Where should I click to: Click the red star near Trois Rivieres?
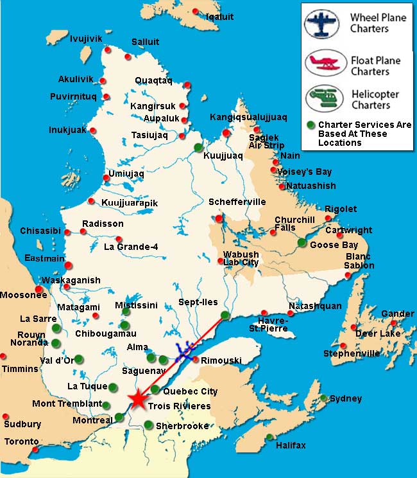click(137, 400)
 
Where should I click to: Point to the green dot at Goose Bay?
click(302, 242)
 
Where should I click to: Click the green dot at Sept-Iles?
click(225, 315)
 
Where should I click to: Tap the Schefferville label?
click(237, 202)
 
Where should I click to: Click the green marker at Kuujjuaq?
click(198, 146)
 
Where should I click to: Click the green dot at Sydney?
click(325, 398)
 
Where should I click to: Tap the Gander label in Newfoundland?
click(397, 314)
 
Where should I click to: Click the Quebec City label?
click(191, 391)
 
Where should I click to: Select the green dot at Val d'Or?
click(78, 358)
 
